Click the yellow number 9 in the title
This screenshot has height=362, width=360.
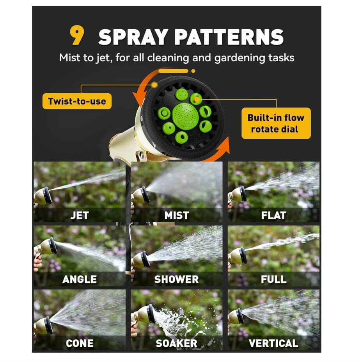(77, 36)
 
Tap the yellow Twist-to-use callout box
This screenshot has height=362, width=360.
(77, 102)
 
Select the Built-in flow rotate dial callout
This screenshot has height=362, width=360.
(276, 123)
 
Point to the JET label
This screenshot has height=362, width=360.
(79, 216)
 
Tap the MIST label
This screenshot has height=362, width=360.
(177, 216)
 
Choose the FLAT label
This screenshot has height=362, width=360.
(273, 216)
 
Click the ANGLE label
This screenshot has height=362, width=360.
(79, 280)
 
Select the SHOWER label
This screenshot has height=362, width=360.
(177, 280)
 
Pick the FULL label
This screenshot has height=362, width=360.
(273, 280)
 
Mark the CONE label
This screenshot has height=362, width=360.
(79, 344)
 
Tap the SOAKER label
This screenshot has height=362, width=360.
(177, 344)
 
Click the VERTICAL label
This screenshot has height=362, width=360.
(273, 344)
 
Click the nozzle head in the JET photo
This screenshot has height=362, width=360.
(46, 195)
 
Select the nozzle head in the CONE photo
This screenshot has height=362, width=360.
(47, 325)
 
